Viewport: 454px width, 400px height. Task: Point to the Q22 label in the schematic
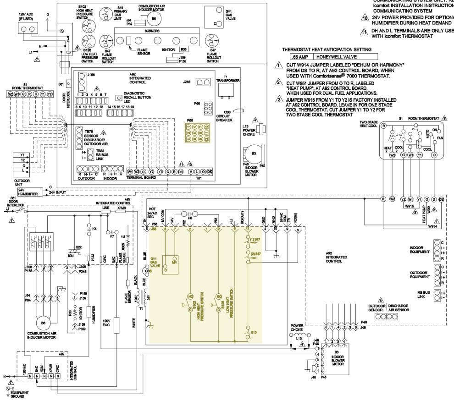pyautogui.click(x=78, y=247)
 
